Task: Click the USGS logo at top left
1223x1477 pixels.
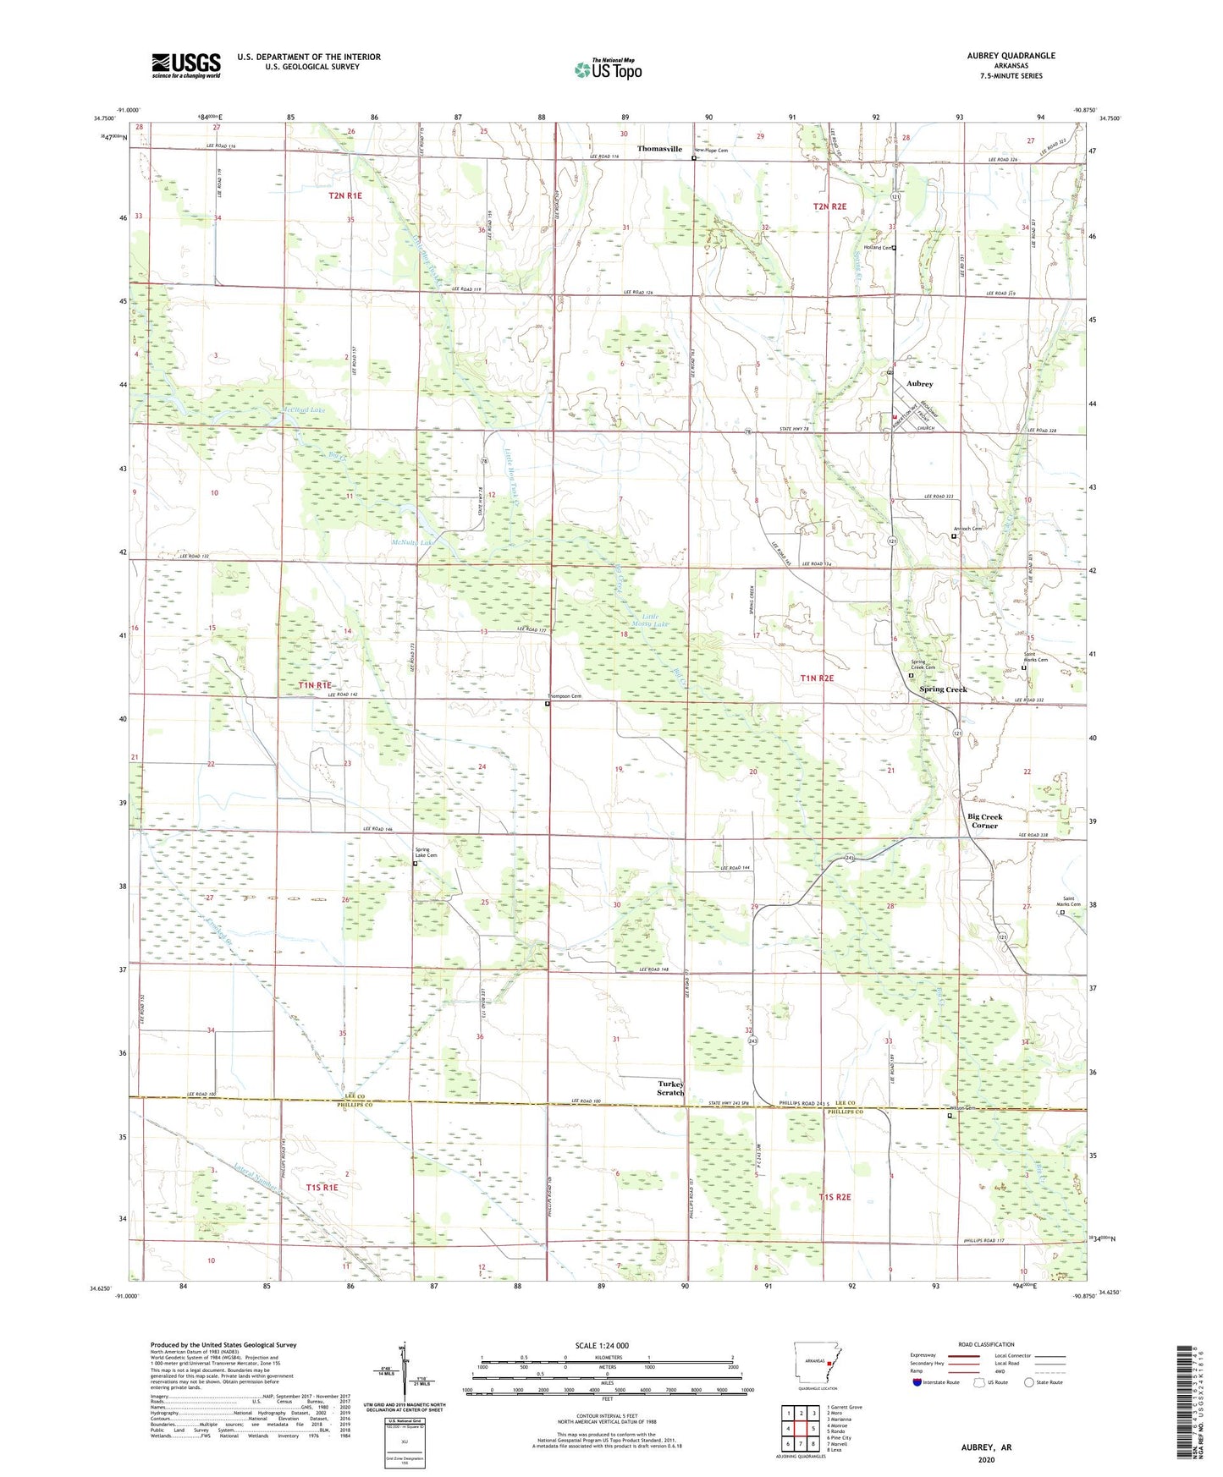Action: point(186,64)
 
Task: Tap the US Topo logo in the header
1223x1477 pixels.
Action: point(608,69)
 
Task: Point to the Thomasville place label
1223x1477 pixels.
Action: point(659,149)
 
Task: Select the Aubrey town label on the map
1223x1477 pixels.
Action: point(920,384)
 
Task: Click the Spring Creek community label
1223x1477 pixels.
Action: point(943,689)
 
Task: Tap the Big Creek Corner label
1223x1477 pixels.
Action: point(984,821)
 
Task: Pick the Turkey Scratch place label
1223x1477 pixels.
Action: point(670,1089)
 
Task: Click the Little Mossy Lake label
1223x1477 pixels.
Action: point(650,620)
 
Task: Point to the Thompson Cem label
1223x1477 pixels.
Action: point(565,697)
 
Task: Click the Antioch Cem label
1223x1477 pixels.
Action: point(967,530)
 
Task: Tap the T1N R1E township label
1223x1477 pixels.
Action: point(315,685)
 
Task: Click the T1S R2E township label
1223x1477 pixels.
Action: point(834,1198)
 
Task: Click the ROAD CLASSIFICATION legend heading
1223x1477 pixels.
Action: point(986,1344)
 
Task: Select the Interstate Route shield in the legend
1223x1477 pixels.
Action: point(917,1383)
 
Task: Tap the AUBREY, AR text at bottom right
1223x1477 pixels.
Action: point(986,1447)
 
